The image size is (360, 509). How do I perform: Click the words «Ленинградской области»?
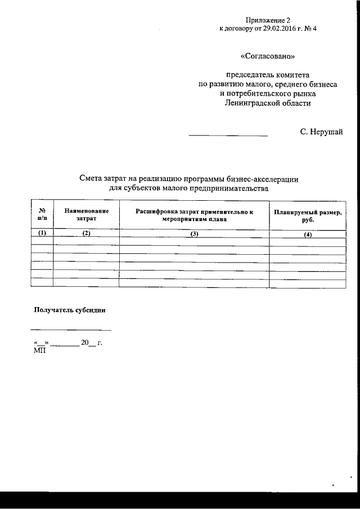(x=268, y=103)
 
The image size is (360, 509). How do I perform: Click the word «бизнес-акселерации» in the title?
(x=266, y=179)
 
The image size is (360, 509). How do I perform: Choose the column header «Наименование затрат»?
(x=86, y=214)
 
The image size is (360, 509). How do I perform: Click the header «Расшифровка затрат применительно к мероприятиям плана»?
(x=195, y=215)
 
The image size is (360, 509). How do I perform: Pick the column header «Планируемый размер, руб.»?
(x=308, y=216)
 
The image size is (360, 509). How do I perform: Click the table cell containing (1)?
(x=42, y=233)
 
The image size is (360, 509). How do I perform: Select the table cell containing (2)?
(x=86, y=233)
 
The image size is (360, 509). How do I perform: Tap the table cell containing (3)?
(x=195, y=234)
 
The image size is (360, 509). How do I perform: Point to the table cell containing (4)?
(x=308, y=235)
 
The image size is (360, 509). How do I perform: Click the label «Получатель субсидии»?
(x=70, y=310)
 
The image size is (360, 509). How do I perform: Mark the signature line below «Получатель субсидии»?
(x=71, y=330)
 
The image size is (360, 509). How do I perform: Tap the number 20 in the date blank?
(x=85, y=343)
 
